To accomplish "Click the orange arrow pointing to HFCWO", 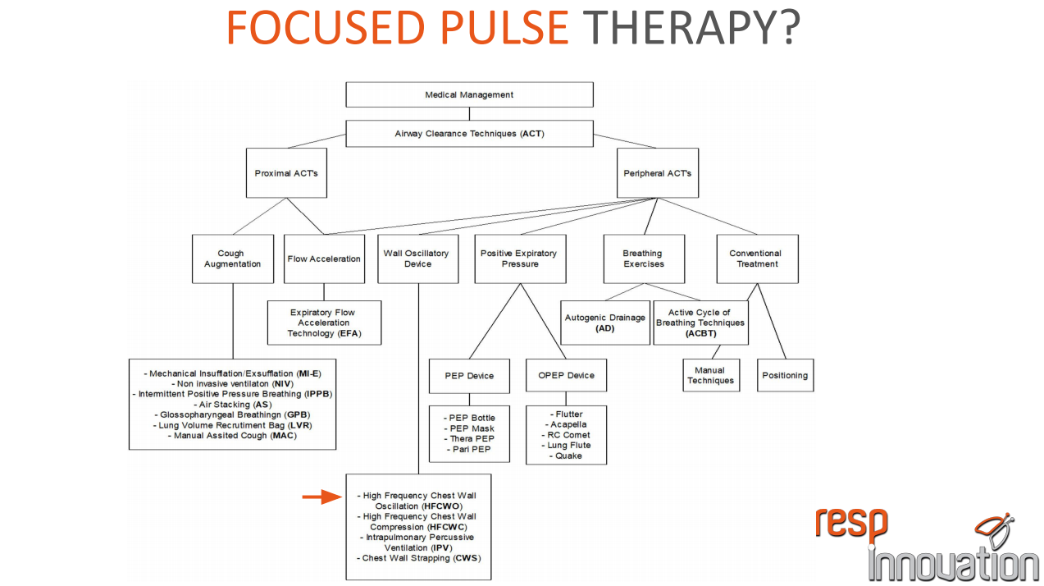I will pos(321,497).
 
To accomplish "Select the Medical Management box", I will pos(469,94).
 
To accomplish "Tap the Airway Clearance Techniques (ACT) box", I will pos(469,134).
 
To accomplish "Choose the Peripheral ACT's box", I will pos(657,173).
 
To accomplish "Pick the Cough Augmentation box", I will pos(233,259).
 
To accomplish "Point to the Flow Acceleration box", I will pos(324,259).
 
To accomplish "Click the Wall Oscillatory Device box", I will pos(417,259).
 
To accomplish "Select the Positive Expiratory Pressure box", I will pos(518,259).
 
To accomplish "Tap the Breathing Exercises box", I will pos(642,259).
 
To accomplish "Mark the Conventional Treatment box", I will pos(756,259).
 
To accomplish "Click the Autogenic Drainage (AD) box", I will pos(605,323).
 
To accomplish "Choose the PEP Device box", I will pos(469,376).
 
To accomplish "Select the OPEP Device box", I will pos(566,376).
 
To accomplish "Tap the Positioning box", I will pos(785,376).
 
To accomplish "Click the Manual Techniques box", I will pos(710,376).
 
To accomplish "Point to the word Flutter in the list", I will pos(568,414).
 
